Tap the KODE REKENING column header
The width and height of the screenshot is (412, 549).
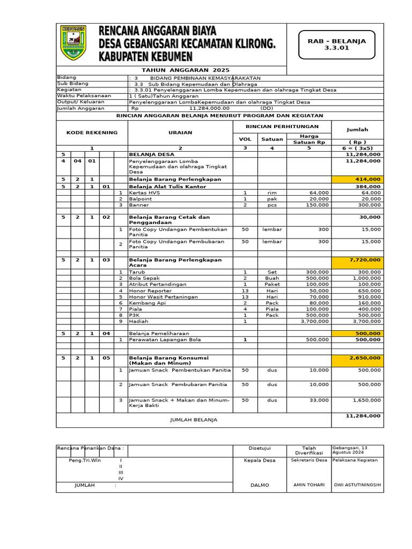[92, 132]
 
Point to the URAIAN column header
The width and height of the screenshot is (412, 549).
[180, 132]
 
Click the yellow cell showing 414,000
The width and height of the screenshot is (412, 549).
[357, 179]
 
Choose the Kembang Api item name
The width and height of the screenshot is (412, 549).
[145, 303]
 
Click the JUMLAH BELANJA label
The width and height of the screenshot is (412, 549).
[194, 420]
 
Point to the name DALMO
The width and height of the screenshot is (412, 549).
[259, 485]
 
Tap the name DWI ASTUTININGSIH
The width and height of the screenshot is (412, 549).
[357, 485]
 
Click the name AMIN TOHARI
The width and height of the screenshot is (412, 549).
[308, 485]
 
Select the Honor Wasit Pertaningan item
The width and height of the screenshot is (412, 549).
[163, 296]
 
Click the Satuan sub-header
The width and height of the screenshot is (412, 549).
[271, 139]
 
